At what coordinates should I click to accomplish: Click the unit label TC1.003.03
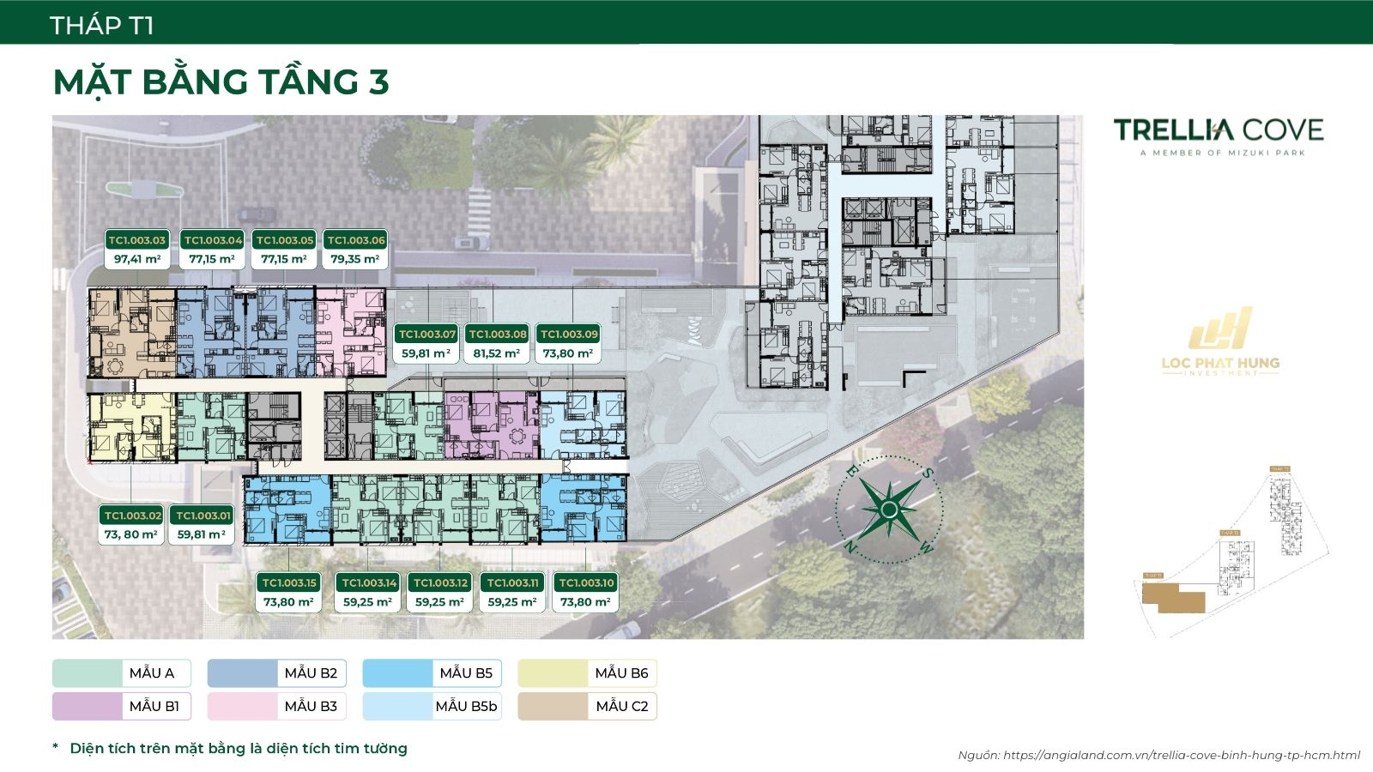136,240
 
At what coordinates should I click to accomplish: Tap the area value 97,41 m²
136,258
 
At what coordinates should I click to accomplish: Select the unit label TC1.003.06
356,240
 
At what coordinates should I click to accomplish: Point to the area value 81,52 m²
497,353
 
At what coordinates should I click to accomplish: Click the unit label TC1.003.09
569,335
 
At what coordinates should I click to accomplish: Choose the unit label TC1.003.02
132,516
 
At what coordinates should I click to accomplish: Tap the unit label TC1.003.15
289,583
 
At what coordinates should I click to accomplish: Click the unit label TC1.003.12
440,583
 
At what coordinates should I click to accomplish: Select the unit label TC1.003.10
586,583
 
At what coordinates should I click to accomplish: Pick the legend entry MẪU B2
276,673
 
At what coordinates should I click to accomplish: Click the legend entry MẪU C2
587,706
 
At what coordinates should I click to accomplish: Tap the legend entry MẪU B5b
432,706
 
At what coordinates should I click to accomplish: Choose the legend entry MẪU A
121,673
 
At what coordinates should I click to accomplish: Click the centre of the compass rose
889,510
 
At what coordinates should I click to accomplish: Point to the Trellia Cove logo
1218,136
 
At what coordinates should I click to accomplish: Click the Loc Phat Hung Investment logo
1219,347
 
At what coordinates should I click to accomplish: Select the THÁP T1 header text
102,26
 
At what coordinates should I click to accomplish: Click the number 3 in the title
378,82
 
